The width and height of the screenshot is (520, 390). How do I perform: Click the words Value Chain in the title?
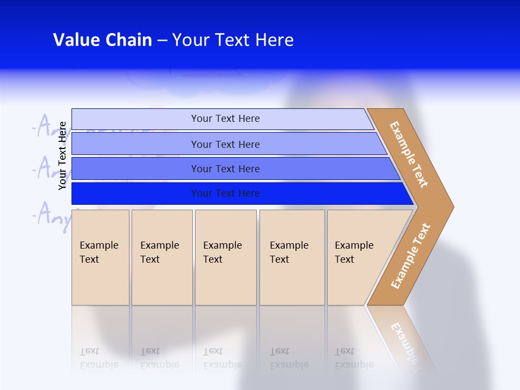point(102,40)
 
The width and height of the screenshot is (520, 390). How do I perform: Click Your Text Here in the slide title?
point(233,40)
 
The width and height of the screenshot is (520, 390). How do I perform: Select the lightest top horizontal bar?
point(135,119)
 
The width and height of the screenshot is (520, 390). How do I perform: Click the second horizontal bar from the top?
point(135,144)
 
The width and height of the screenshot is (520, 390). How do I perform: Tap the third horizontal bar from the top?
point(135,168)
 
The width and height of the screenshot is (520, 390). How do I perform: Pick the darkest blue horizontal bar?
point(135,193)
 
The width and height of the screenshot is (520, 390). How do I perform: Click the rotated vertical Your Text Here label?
point(62,155)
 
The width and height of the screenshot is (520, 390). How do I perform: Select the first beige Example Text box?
point(100,257)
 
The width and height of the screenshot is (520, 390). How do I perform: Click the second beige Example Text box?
point(161,257)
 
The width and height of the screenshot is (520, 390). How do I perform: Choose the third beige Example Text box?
point(225,257)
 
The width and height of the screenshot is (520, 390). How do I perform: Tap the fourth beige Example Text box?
point(292,257)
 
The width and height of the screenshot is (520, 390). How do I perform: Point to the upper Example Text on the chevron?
point(409,154)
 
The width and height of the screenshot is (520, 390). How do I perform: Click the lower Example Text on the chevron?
point(411,256)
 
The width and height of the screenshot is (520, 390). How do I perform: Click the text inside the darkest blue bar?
point(225,193)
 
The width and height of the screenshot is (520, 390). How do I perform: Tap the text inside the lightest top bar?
point(225,119)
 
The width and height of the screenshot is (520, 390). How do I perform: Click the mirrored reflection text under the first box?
point(99,358)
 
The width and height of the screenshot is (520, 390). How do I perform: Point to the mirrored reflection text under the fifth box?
point(354,358)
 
